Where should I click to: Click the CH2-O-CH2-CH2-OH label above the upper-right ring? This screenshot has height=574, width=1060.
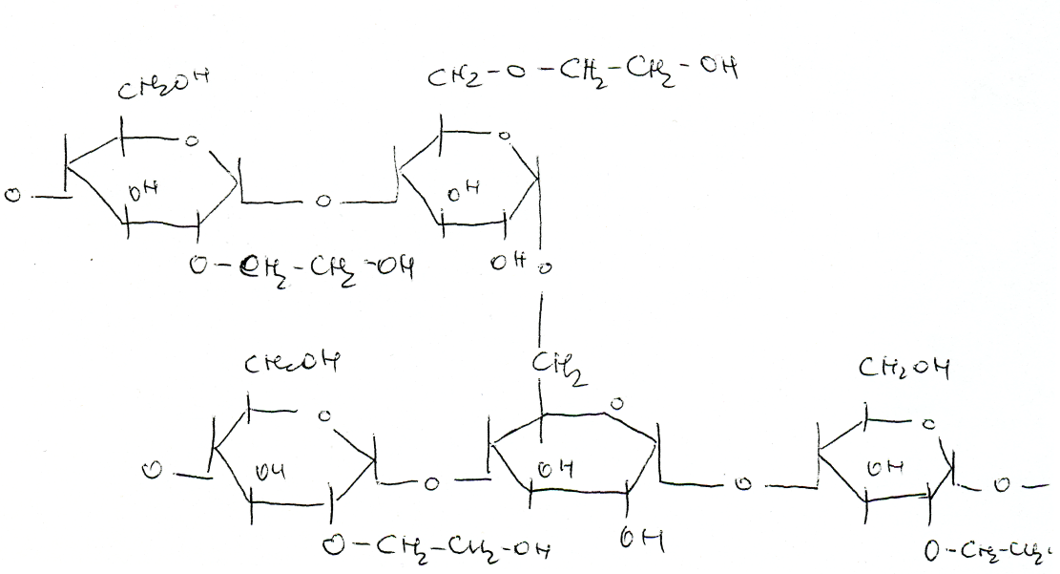[x=581, y=72]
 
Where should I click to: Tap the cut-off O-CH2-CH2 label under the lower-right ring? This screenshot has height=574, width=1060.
[x=987, y=551]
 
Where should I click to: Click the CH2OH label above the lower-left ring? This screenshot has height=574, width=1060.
[x=292, y=363]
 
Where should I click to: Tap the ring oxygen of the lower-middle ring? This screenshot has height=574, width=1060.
[x=615, y=405]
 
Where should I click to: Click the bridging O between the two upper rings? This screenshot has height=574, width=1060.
[x=323, y=202]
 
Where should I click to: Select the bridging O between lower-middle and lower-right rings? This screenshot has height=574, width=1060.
[x=742, y=485]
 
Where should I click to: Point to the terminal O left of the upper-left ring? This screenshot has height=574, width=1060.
[x=11, y=197]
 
